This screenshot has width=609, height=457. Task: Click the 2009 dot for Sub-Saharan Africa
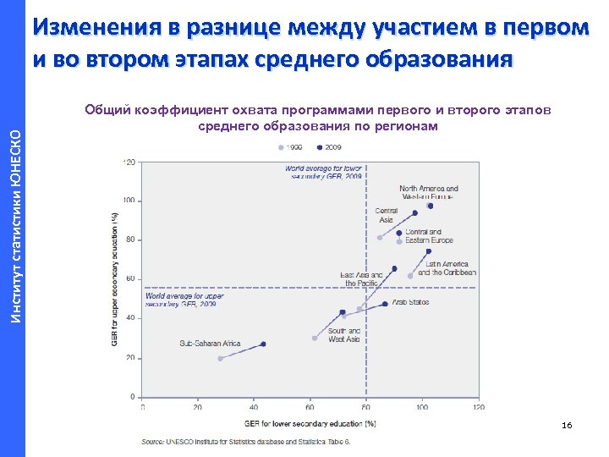coord(263,344)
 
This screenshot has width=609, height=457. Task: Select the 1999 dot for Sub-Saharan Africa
coord(221,358)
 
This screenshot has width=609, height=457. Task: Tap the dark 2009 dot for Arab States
coord(385,304)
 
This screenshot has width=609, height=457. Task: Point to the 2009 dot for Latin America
coord(429,251)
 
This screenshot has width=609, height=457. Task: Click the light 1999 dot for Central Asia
coord(380,238)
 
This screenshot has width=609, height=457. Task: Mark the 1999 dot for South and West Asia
coord(315,338)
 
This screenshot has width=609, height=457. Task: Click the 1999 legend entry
coord(290,147)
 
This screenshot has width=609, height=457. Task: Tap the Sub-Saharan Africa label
coord(210,344)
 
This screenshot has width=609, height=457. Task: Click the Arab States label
coord(411,302)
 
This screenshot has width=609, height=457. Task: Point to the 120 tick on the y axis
coord(130,162)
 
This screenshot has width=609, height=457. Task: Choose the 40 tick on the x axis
coord(253,407)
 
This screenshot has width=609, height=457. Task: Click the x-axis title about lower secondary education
coord(310,423)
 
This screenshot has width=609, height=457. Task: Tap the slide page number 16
coord(567,425)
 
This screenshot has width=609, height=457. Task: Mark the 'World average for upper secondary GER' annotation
coord(184,300)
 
